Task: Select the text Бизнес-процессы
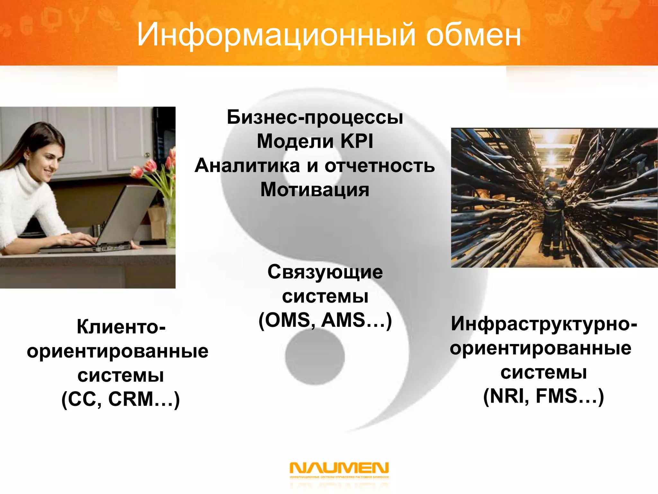tap(315, 117)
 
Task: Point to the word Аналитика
tap(247, 166)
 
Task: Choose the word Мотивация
tap(315, 190)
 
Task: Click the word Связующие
tap(325, 272)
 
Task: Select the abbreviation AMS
tap(343, 320)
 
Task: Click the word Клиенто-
tap(121, 327)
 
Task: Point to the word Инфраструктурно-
tap(544, 324)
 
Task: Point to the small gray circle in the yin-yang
tap(315, 356)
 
